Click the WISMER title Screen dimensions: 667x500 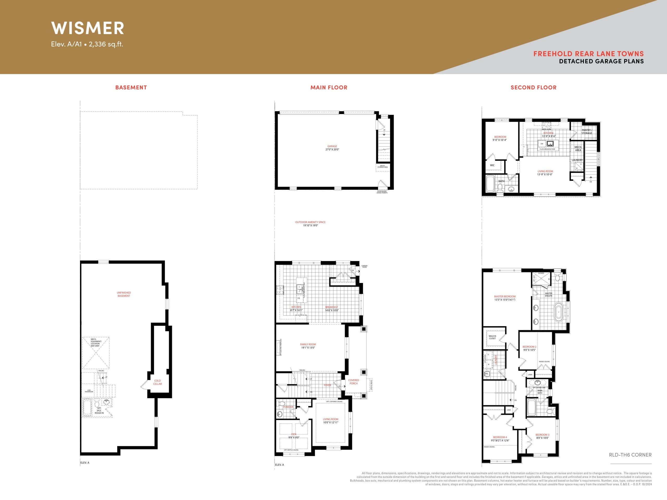pos(88,28)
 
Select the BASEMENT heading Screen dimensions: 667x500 pos(131,87)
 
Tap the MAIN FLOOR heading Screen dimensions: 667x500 pos(329,87)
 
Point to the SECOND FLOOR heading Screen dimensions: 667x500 pos(533,87)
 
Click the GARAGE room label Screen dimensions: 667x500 pos(332,148)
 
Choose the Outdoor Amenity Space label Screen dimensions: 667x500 pos(310,224)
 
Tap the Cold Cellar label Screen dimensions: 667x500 pos(157,382)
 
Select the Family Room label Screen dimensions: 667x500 pos(308,346)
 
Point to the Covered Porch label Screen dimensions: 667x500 pos(353,382)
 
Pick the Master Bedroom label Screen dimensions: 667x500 pos(504,298)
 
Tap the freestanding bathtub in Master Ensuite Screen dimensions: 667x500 pos(558,312)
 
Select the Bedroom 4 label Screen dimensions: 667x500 pos(500,439)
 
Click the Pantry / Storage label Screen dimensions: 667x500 pos(586,132)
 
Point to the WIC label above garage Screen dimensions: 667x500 pos(492,165)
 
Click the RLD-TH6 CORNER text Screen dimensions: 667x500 pos(630,455)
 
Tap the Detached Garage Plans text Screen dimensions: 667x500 pos(601,61)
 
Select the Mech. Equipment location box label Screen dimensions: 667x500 pos(96,342)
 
